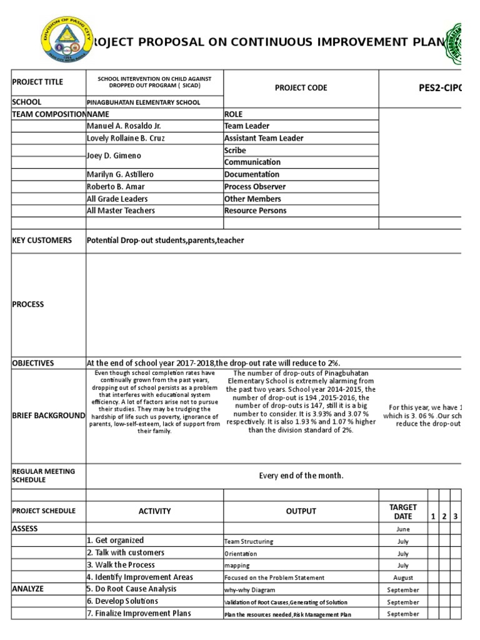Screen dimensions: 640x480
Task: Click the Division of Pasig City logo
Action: (65, 40)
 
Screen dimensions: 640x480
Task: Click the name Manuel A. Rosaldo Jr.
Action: (124, 126)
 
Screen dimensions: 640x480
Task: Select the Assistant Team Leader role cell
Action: (264, 138)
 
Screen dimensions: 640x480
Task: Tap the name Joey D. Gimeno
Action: (114, 156)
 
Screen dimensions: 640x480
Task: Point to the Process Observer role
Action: (255, 186)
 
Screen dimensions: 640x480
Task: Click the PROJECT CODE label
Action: (301, 88)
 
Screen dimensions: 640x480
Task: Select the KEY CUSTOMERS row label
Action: (42, 241)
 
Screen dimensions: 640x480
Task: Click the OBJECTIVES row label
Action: (33, 363)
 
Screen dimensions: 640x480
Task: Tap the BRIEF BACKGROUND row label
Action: (48, 416)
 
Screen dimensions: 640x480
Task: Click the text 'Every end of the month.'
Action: (301, 476)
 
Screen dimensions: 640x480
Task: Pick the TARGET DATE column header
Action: (402, 512)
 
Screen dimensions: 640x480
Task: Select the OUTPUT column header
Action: (301, 511)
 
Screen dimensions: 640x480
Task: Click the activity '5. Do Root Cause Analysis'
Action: (131, 589)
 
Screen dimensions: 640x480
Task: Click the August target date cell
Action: (403, 578)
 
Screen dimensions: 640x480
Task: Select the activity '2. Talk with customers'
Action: (126, 552)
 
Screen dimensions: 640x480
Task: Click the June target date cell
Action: (403, 529)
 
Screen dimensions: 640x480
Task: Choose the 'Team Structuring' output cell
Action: (249, 542)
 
